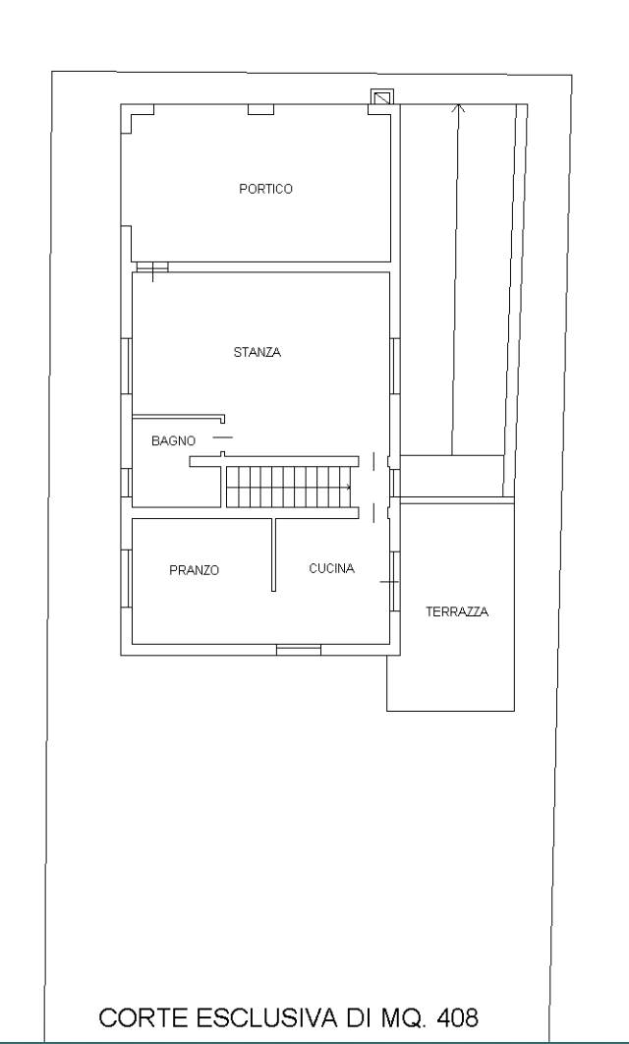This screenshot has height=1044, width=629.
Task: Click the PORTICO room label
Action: [x=265, y=189]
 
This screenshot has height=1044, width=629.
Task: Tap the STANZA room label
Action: [x=257, y=352]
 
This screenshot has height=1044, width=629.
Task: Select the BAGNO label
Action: [x=173, y=440]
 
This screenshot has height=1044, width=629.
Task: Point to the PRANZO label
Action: [x=194, y=570]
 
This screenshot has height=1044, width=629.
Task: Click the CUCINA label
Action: [x=331, y=568]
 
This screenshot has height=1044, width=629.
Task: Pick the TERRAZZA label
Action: [x=457, y=611]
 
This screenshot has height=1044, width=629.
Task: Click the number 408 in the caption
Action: [x=457, y=1017]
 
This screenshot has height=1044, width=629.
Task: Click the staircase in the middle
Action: [x=288, y=487]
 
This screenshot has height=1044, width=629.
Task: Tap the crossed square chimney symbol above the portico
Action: [x=382, y=97]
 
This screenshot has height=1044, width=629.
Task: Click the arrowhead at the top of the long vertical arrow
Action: [x=458, y=107]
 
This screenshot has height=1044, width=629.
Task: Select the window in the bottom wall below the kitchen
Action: [x=298, y=650]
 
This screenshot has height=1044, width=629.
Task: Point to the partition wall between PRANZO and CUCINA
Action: [x=273, y=554]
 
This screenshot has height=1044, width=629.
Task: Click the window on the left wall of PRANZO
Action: [x=126, y=579]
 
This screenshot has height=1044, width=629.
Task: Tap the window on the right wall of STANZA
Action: [x=395, y=367]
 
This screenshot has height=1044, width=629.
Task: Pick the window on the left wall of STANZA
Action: [x=126, y=367]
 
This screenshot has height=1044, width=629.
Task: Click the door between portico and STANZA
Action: [x=152, y=267]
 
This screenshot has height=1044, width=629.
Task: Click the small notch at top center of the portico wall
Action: [x=260, y=109]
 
